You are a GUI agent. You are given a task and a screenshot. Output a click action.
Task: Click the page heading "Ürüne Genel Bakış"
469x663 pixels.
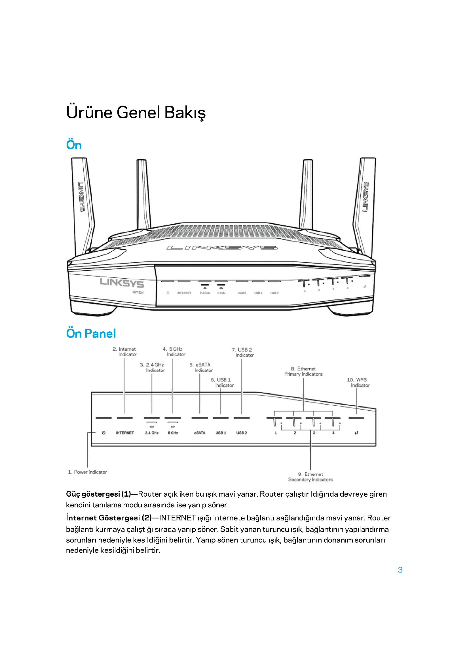[136, 112]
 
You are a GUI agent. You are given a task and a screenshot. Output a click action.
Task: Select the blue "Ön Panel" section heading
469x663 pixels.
[91, 334]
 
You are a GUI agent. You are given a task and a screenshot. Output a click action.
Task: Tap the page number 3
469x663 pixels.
[400, 570]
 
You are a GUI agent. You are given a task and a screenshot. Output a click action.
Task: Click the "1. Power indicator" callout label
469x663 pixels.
[88, 472]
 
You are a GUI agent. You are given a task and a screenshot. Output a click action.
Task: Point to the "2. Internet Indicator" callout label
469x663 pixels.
[125, 352]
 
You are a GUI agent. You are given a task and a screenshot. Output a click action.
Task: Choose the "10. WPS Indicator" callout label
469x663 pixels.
[358, 383]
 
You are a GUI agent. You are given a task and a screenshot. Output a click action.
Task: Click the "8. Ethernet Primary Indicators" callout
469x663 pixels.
[303, 371]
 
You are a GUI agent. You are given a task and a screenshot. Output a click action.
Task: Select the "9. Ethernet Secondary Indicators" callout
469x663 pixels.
[310, 477]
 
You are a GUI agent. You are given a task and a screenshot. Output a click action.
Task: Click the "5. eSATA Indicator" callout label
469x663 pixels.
[201, 367]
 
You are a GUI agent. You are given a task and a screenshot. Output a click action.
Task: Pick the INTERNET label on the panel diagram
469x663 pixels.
[125, 433]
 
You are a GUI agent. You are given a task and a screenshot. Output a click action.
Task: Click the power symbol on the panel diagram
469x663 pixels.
[104, 433]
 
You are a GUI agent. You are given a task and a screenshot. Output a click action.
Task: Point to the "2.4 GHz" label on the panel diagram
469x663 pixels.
[152, 433]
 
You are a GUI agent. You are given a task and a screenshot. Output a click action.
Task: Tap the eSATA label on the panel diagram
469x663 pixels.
[200, 433]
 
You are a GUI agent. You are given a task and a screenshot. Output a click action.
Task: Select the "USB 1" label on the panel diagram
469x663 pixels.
[221, 433]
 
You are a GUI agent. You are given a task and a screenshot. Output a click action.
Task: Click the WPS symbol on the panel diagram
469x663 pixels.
[357, 433]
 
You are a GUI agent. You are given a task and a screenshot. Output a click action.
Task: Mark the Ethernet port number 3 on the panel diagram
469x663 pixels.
[314, 433]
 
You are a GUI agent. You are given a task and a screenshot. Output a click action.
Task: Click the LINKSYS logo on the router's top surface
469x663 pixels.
[222, 248]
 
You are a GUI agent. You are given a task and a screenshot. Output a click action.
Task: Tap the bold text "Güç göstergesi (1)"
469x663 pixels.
[98, 494]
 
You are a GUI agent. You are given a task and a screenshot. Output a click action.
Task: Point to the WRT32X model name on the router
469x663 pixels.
[138, 293]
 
